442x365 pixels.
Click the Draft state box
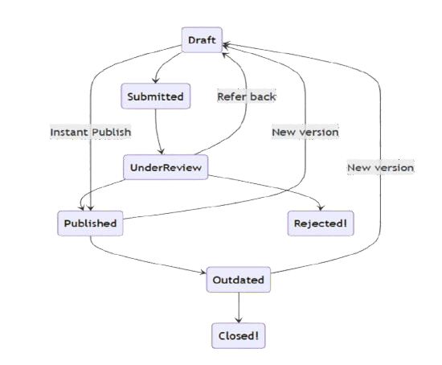tap(201, 39)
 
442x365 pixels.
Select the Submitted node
tap(156, 97)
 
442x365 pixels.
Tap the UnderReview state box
tap(165, 167)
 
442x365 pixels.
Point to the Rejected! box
tap(321, 223)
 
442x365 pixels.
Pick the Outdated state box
tap(239, 280)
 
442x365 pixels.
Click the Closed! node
tap(239, 335)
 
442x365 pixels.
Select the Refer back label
tap(247, 96)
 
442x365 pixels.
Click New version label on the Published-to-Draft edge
tap(305, 132)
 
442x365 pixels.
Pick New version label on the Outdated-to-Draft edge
tap(380, 168)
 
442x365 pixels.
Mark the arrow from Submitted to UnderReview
tap(158, 129)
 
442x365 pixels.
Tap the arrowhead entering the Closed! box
tap(239, 320)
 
